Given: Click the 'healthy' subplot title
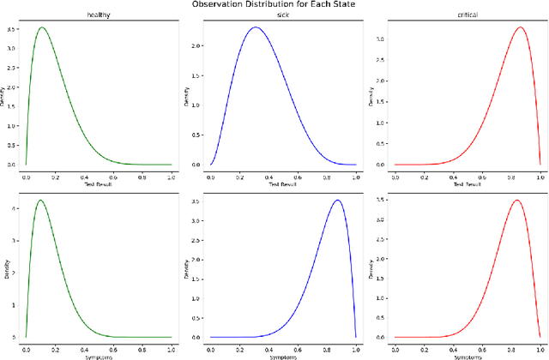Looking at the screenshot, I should (98, 15).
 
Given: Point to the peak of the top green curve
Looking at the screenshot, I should (41, 27).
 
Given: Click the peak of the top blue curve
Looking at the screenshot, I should (255, 27).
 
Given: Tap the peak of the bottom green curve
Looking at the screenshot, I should (40, 201).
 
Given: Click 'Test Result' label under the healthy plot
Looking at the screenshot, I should (98, 183).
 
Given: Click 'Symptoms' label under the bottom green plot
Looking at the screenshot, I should (98, 355).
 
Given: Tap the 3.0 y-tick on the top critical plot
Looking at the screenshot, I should (384, 39).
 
